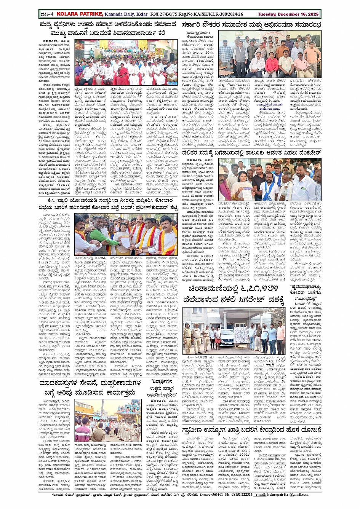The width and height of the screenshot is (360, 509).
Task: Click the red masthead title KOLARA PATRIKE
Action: tap(79, 14)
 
